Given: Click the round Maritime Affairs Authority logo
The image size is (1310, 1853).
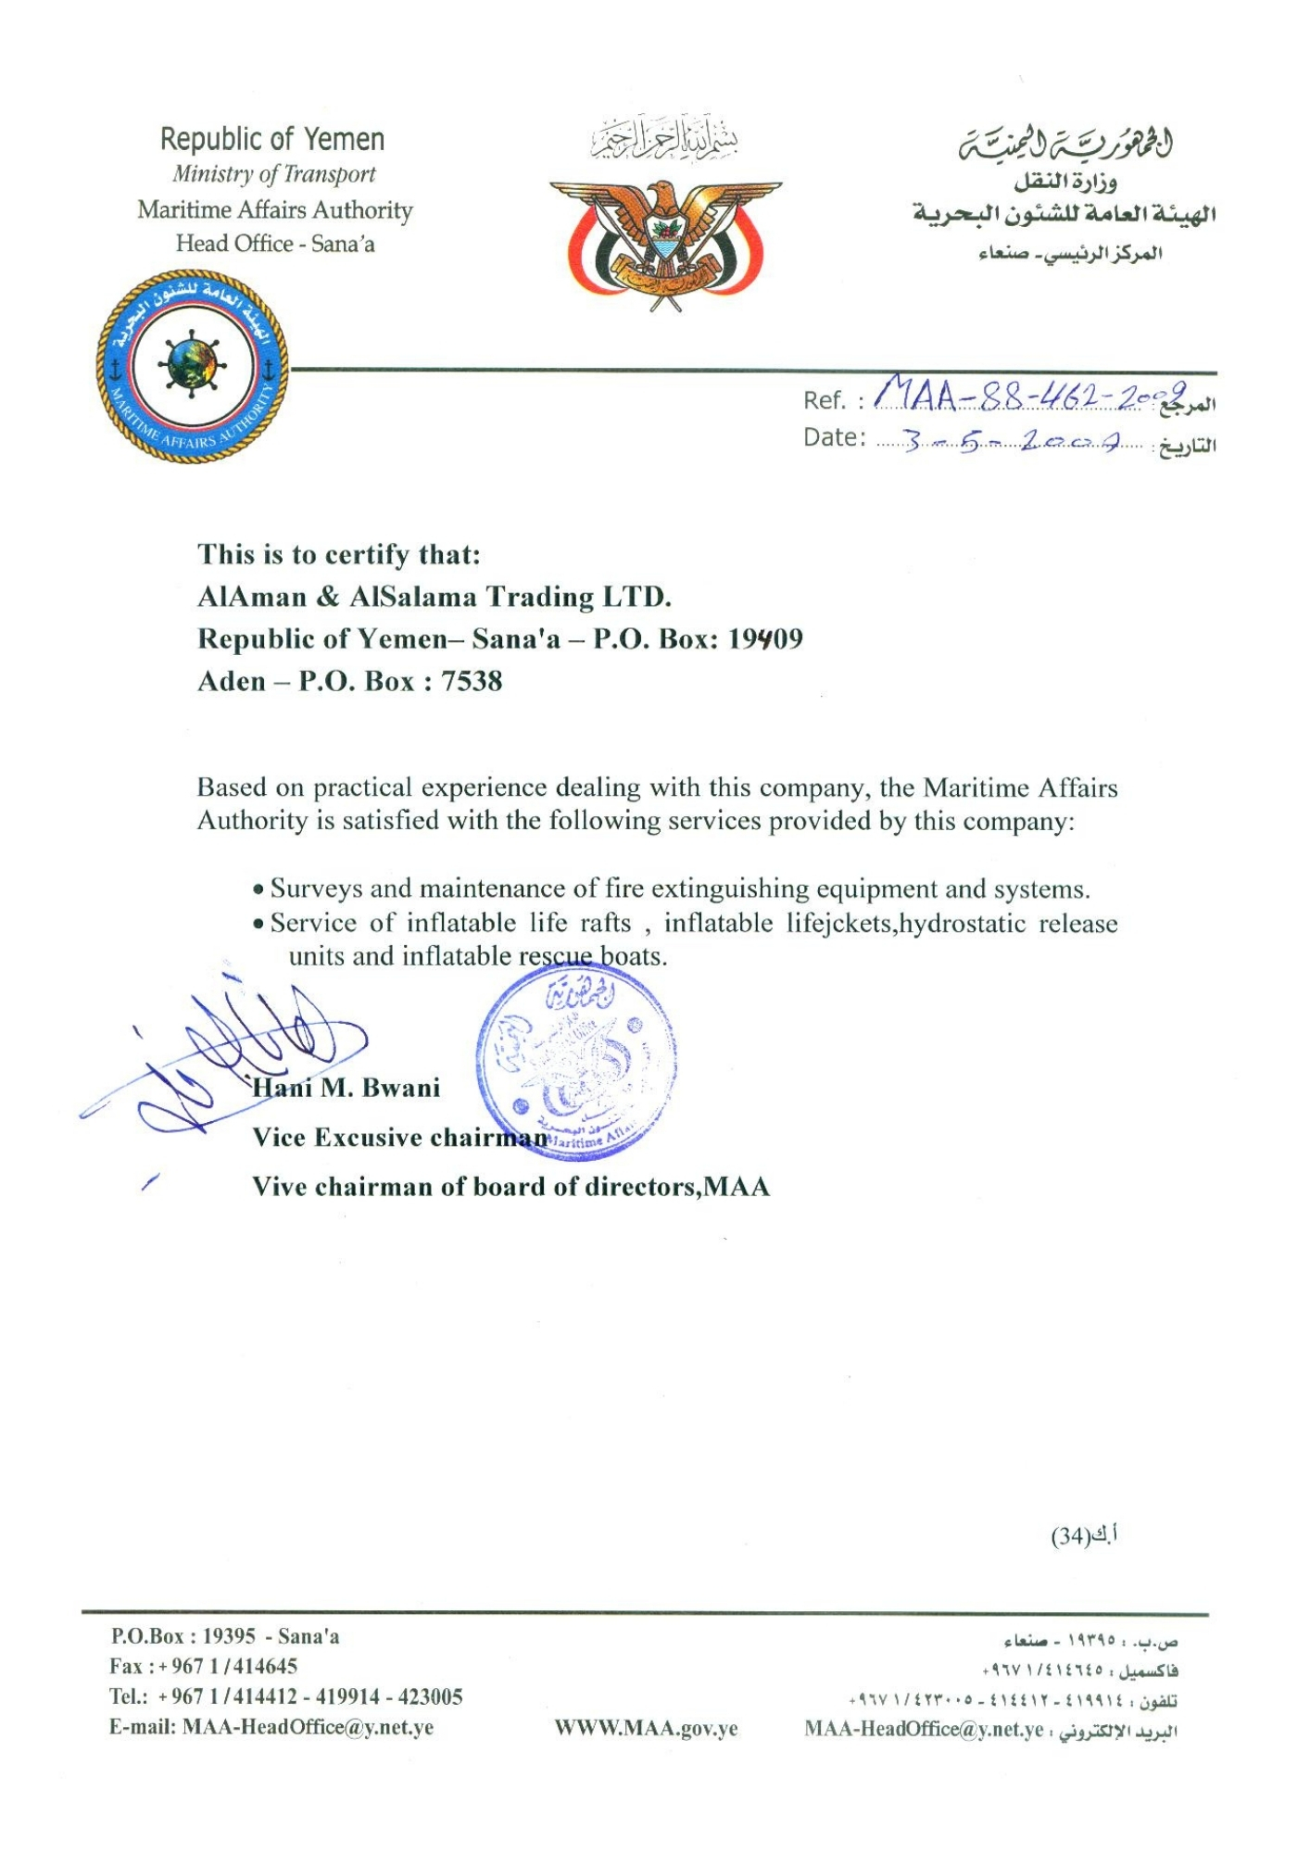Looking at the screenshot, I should pyautogui.click(x=192, y=366).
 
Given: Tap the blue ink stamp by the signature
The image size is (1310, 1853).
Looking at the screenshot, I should pyautogui.click(x=576, y=1061).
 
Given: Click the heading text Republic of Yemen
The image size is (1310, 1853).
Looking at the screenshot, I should pyautogui.click(x=272, y=140).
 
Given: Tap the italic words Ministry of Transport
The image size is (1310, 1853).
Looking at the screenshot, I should pyautogui.click(x=274, y=174).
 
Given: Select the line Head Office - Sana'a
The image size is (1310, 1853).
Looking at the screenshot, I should pyautogui.click(x=275, y=244).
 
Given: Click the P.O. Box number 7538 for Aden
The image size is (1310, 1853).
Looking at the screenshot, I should pyautogui.click(x=472, y=682).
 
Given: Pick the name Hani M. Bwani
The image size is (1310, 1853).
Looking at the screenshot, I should pyautogui.click(x=346, y=1088).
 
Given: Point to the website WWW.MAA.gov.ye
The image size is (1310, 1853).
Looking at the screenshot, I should pyautogui.click(x=646, y=1729).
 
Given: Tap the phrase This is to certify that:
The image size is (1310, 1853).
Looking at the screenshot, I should pyautogui.click(x=339, y=555).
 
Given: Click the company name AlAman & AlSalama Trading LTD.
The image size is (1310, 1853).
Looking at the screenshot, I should pyautogui.click(x=434, y=597).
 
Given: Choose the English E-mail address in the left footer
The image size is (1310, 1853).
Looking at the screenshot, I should pyautogui.click(x=308, y=1727).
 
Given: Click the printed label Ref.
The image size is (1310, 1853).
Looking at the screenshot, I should pyautogui.click(x=823, y=400).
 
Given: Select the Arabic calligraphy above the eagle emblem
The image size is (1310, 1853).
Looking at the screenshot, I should pyautogui.click(x=665, y=140).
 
